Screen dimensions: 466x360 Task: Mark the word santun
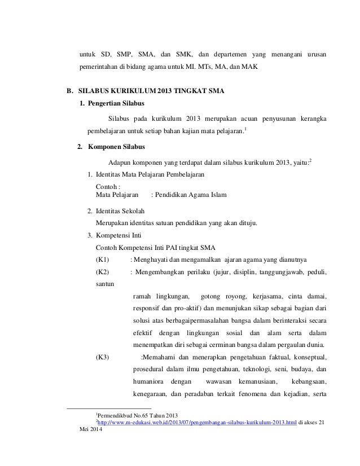105,284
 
